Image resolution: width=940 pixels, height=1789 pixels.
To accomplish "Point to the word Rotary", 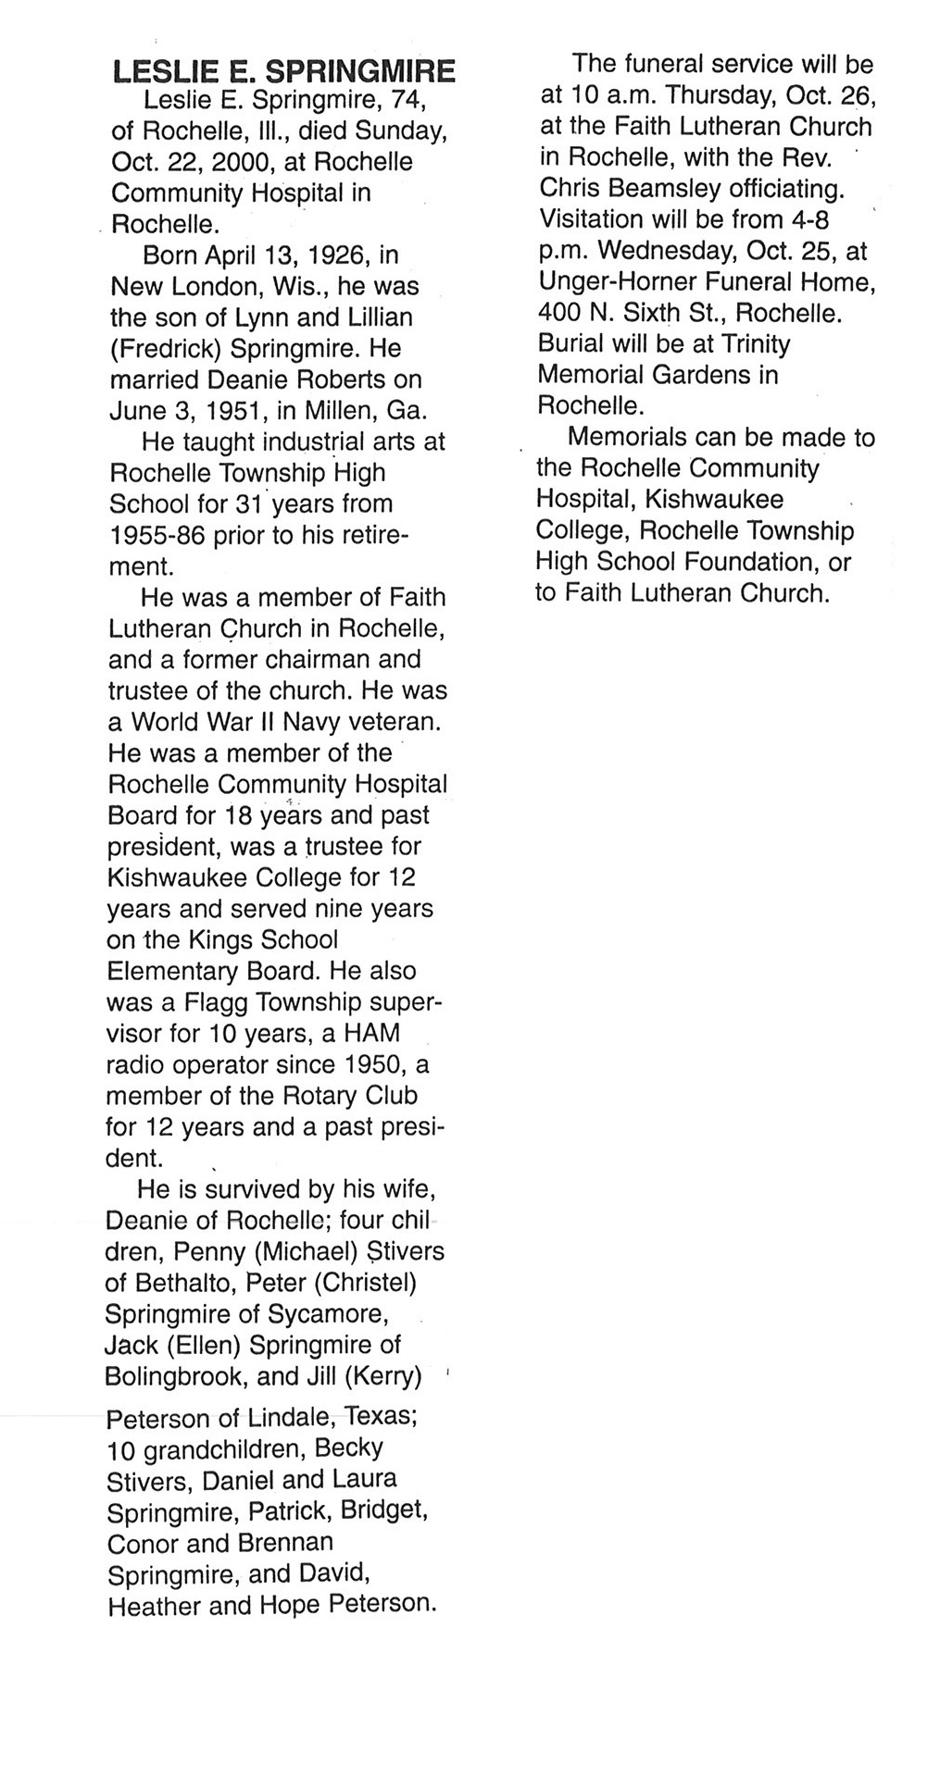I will pyautogui.click(x=311, y=1096).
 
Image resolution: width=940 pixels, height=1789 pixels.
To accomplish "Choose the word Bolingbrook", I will pyautogui.click(x=175, y=1377).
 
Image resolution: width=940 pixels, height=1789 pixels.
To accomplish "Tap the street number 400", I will pyautogui.click(x=558, y=313).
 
